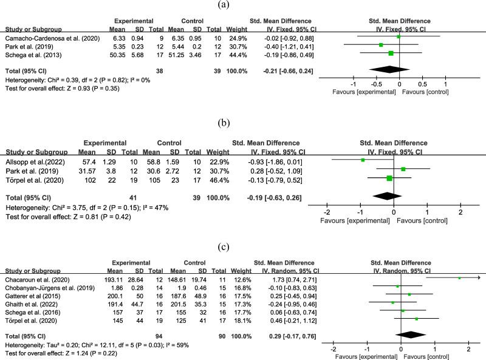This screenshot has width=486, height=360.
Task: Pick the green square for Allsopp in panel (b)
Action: coord(362,160)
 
